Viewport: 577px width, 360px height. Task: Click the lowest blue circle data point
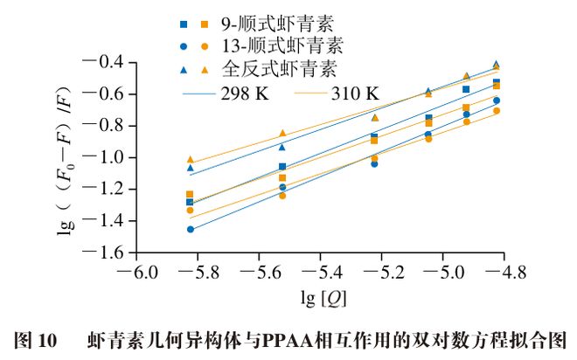[190, 229]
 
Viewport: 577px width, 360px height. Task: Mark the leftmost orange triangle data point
[190, 160]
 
